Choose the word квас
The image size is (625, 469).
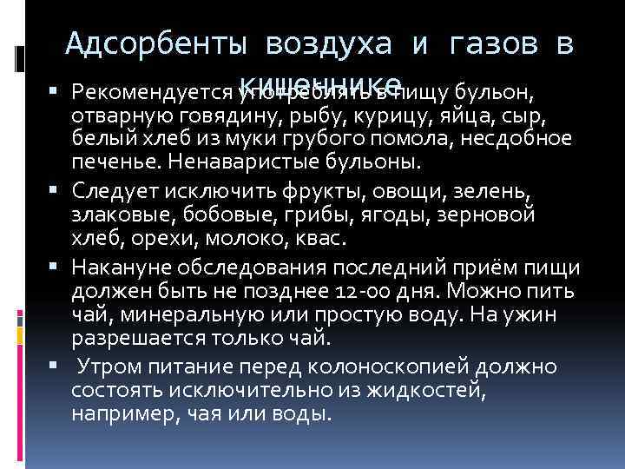tap(327, 237)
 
